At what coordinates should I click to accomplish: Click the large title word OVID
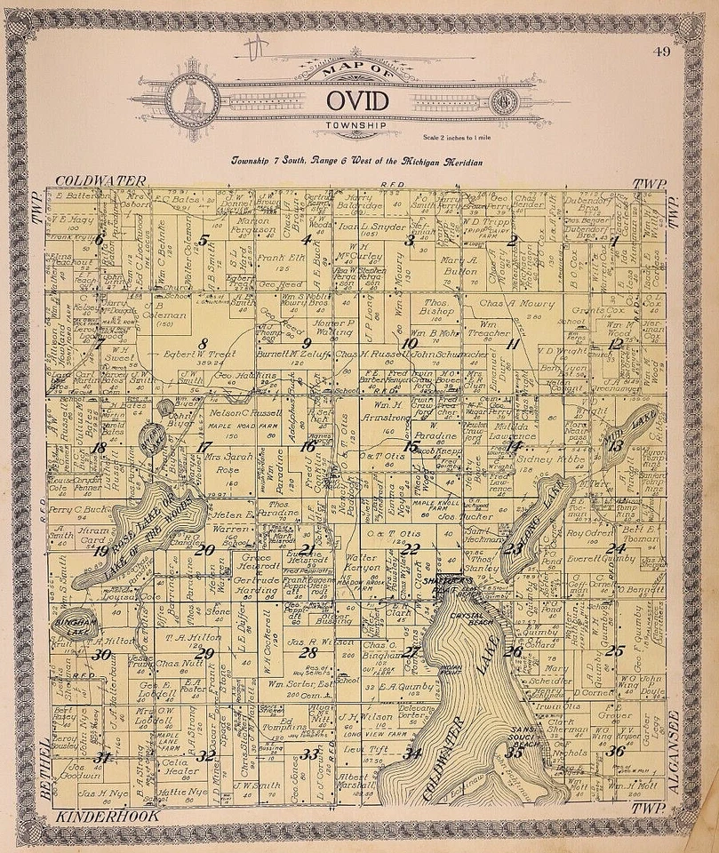(x=356, y=99)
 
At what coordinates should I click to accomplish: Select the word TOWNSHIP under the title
(x=357, y=125)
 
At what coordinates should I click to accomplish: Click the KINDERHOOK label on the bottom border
(x=93, y=815)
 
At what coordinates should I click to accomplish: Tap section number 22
(x=410, y=548)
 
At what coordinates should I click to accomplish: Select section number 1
(x=614, y=240)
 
